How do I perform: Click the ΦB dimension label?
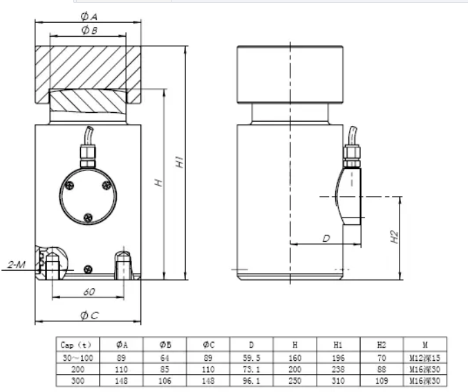pos(88,30)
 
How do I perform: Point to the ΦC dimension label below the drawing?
pos(89,315)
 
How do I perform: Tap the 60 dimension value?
pos(88,292)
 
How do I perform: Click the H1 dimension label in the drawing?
pos(179,163)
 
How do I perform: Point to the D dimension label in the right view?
pos(326,238)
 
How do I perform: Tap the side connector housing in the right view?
pos(352,195)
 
